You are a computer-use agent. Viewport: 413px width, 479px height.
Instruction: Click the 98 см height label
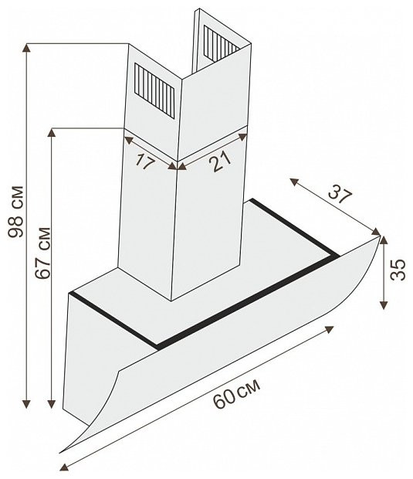click(x=15, y=212)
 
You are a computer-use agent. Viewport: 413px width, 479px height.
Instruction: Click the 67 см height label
click(x=42, y=253)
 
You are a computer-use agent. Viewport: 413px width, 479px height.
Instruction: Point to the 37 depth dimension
click(x=340, y=194)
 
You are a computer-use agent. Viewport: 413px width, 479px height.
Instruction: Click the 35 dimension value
click(x=398, y=270)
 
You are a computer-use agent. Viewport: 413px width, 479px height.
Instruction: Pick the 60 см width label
click(x=236, y=393)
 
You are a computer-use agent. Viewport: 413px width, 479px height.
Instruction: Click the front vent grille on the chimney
click(x=154, y=91)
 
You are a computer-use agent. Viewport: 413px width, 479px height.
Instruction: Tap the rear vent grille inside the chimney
click(x=220, y=42)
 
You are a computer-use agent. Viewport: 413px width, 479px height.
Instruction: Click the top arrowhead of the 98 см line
click(x=27, y=48)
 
